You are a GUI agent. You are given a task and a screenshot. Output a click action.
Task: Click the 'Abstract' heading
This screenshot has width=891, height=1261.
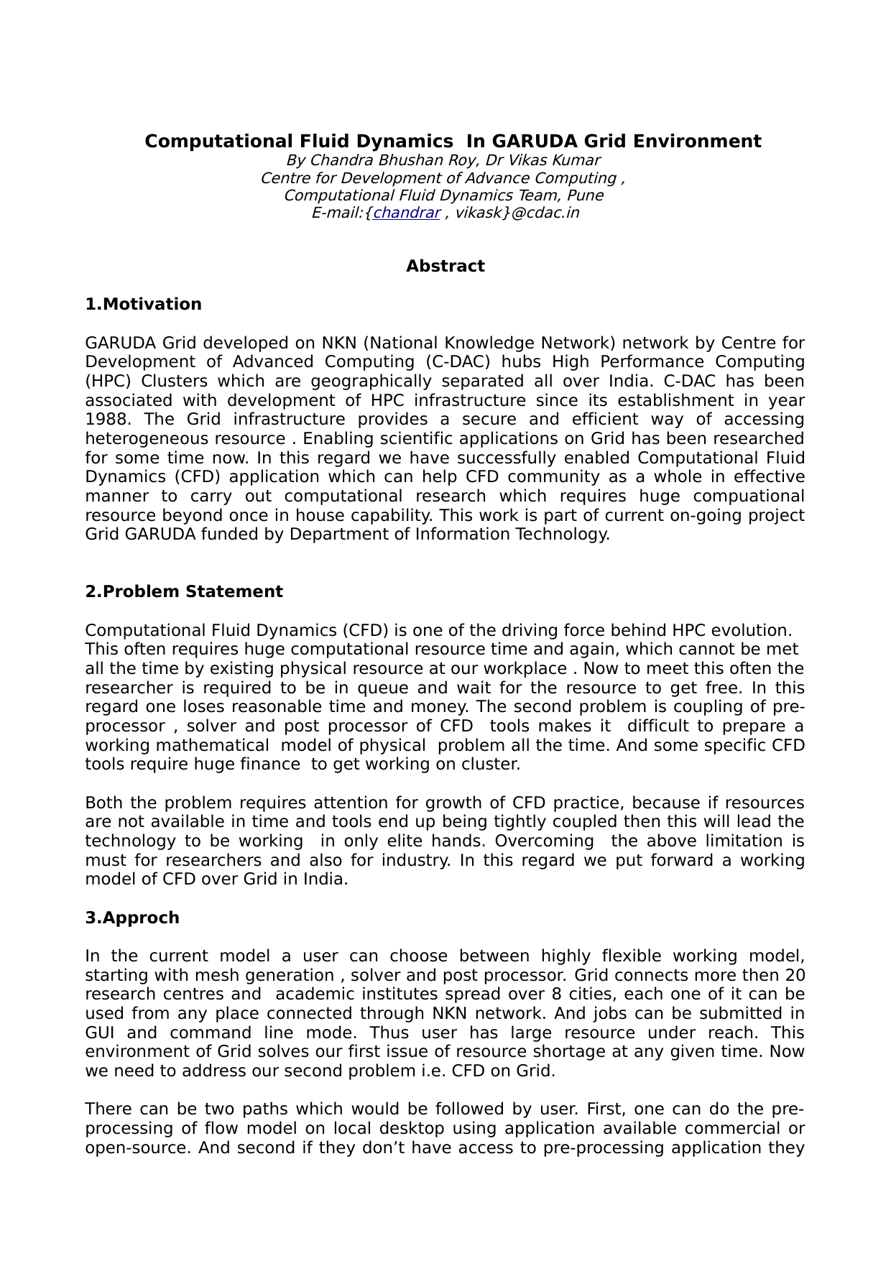coord(445,266)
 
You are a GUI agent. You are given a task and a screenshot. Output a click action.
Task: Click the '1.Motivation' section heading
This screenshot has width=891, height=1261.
coord(143,304)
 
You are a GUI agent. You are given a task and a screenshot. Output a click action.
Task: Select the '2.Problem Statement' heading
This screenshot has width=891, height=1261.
coord(183,591)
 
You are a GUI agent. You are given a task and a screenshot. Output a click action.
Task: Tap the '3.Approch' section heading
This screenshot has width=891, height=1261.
coord(132,918)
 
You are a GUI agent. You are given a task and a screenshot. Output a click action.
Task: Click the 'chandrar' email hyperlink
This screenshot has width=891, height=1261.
coord(406,213)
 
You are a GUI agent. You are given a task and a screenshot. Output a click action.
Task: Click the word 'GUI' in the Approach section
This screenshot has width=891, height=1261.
coord(100,1033)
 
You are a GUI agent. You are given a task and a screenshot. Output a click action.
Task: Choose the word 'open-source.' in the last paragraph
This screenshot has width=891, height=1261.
coord(137,1147)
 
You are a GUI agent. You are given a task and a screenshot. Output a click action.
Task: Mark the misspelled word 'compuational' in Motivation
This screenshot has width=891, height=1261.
coord(749,496)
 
